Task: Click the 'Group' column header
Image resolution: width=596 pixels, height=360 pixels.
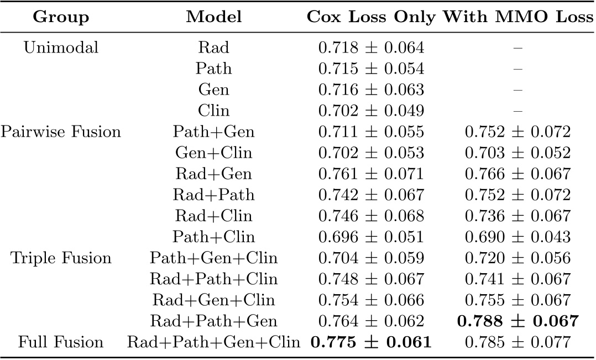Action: pos(61,17)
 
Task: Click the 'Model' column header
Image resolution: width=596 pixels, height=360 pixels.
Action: pos(213,17)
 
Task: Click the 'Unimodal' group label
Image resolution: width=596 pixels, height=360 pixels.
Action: pos(61,48)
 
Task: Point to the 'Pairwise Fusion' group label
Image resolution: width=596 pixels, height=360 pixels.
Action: pos(61,132)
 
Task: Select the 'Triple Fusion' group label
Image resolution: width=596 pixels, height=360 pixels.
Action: pos(61,258)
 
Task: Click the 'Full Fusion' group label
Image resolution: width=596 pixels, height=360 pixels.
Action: pos(61,342)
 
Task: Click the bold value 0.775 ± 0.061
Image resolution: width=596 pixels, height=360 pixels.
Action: pos(371,342)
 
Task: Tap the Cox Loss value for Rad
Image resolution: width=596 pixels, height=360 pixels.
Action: pos(371,48)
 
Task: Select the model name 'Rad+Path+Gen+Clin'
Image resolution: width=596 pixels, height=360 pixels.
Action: pos(213,342)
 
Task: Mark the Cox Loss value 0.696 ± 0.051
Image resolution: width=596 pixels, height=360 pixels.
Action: pos(371,237)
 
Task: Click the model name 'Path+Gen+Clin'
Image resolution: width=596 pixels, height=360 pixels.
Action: pos(213,258)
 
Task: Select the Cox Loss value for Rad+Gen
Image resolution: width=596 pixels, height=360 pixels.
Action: pos(371,174)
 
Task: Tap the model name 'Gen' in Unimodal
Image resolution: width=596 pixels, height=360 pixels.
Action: pos(213,90)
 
